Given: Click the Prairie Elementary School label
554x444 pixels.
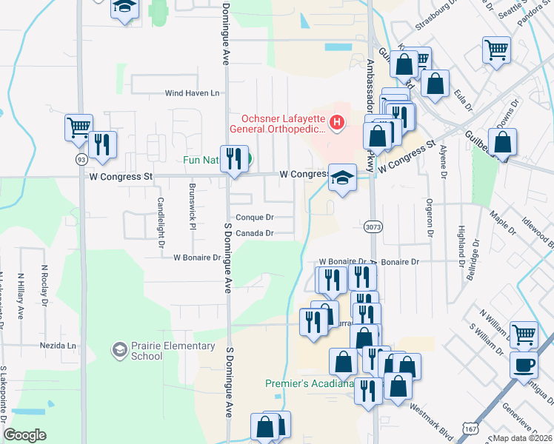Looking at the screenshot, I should coord(147,350).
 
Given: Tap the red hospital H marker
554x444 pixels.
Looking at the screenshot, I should coord(337,122).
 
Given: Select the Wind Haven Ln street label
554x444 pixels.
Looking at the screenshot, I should coord(193,93).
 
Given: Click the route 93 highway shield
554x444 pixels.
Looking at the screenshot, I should coord(79,160).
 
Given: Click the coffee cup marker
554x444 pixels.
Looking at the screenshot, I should coord(524,365).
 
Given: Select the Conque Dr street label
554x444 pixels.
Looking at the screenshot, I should coord(256,218).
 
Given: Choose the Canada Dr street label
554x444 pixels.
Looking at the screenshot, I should coord(256,233).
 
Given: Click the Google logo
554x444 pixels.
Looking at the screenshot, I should coord(24,435).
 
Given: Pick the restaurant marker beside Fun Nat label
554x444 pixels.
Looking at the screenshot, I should coord(234,159).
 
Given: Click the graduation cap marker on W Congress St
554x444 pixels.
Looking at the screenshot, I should coord(342,178).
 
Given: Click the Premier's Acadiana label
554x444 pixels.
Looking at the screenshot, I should coord(308,383).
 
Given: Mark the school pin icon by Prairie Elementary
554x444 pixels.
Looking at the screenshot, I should coord(119,348).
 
